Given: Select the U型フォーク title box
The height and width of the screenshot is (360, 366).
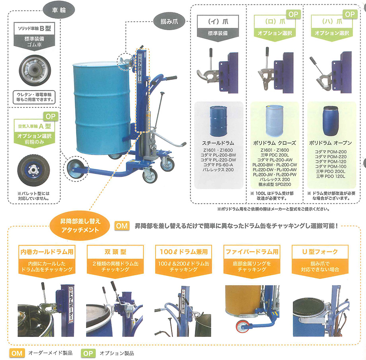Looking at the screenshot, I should point(320,252).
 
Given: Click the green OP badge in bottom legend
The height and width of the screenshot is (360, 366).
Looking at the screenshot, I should point(88,352).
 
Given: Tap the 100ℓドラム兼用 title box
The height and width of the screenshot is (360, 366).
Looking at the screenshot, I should point(183,252).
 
